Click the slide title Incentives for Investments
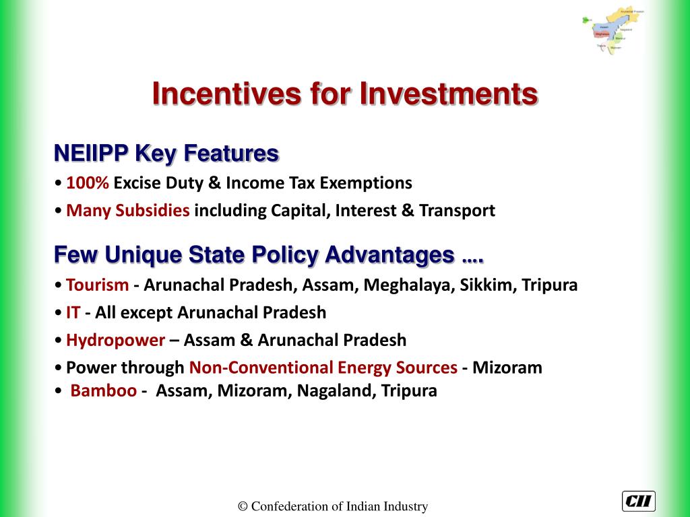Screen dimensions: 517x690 (344, 94)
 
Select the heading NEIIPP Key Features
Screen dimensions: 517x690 (166, 154)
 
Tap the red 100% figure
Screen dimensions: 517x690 (88, 183)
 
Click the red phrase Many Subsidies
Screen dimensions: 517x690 (128, 211)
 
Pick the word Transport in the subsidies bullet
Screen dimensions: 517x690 (458, 211)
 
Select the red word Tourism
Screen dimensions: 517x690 (97, 285)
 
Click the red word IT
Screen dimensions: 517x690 (73, 312)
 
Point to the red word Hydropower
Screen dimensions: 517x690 (115, 340)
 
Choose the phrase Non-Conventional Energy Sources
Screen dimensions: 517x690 (323, 368)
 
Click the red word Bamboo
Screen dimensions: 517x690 (104, 390)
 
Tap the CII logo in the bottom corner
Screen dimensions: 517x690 (638, 502)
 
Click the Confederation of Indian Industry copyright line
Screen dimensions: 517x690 (333, 507)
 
